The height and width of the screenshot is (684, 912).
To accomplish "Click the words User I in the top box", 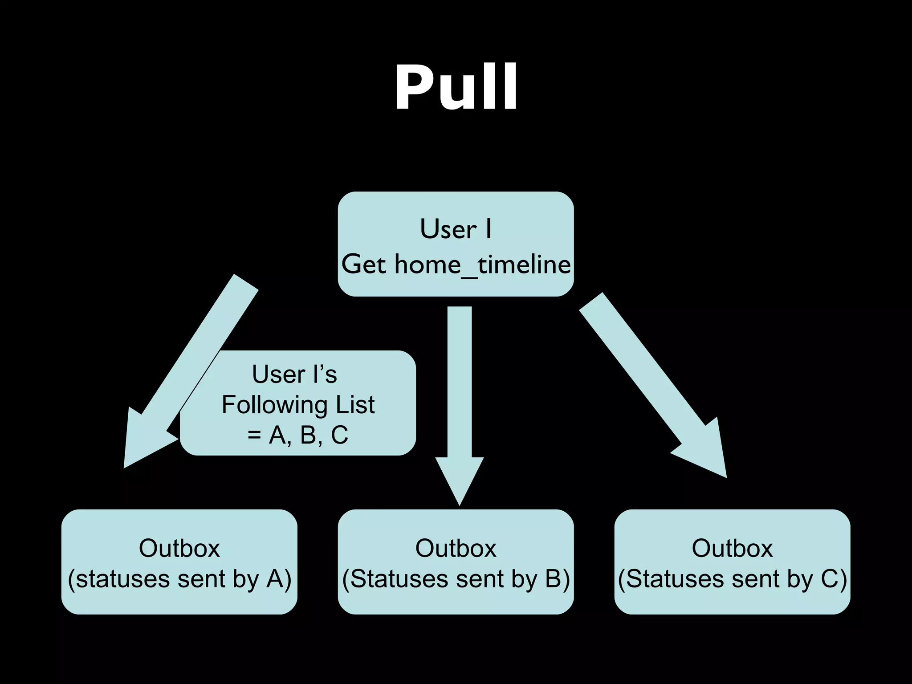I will coord(456,229).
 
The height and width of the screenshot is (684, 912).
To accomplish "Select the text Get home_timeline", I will coord(456,265).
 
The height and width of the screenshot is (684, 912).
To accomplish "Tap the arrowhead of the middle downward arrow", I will coord(459,479).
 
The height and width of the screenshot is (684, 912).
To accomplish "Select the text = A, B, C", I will coord(298,435).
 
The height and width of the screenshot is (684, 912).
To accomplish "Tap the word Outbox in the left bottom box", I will coord(179,548).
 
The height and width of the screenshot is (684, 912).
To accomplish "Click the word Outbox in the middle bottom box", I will coord(456,548).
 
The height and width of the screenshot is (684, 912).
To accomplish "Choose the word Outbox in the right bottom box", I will coord(732,548).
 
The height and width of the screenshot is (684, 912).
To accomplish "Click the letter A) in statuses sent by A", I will coord(279,579).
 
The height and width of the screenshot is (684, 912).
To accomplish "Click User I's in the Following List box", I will coord(294,374).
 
